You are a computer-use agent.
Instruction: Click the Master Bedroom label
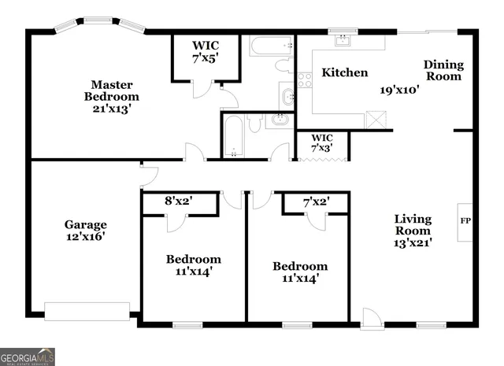point(110,91)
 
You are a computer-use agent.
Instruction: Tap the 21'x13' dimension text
point(110,109)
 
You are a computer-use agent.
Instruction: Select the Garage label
point(85,224)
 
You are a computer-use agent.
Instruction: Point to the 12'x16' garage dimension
point(85,236)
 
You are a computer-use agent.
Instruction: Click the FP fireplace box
point(465,220)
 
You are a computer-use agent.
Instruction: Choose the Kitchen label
point(345,72)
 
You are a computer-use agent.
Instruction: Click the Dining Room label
point(443,71)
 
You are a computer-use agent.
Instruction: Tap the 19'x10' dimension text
point(399,89)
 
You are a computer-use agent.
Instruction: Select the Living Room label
point(413,225)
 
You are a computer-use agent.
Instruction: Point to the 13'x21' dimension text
point(413,243)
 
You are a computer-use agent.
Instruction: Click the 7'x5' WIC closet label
point(206,52)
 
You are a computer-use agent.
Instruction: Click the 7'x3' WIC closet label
point(322,142)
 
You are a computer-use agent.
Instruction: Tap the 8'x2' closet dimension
point(179,201)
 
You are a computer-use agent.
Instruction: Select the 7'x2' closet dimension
point(316,201)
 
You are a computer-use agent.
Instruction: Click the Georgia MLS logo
point(28,356)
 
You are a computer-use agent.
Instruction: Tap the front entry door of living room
point(369,318)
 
